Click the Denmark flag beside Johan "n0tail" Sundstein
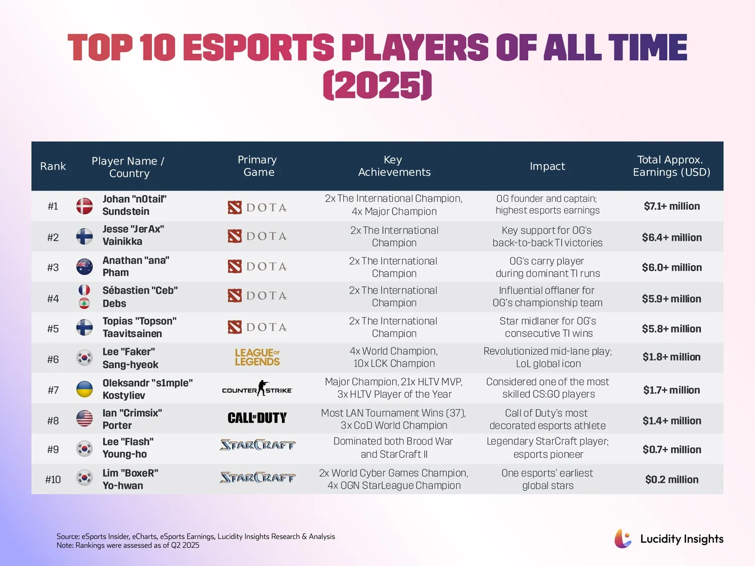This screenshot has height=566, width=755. pos(84,206)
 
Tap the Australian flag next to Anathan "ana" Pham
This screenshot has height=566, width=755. pos(84,267)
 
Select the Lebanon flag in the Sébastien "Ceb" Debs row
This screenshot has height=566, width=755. pos(84,303)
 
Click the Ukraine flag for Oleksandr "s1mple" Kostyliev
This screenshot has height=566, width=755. pos(84,389)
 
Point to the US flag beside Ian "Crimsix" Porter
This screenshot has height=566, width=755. pos(84,419)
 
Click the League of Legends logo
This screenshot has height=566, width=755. pos(257,357)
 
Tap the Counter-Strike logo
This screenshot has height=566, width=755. pos(257,388)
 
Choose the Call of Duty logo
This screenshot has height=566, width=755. pos(257,418)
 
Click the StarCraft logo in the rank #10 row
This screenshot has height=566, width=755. pos(257,477)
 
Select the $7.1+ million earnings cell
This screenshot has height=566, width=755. pos(672,206)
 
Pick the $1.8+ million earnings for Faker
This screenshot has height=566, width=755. pos(672,357)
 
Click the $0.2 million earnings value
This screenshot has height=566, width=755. pos(672,479)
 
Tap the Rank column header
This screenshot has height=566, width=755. pos(53,167)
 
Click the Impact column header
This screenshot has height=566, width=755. pos(547,167)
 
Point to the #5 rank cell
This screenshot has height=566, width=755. pos(53,329)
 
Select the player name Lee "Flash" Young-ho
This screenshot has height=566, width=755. pos(128,448)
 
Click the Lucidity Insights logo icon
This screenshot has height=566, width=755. pos(623,538)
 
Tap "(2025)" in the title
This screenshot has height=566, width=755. pos(377,85)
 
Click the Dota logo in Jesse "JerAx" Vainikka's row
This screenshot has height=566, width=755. pos(257,236)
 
